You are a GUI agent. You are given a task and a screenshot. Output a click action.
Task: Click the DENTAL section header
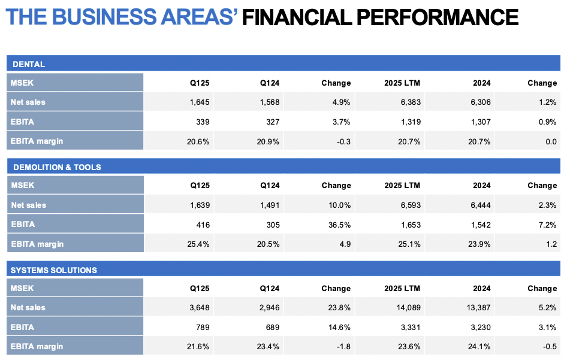click(x=28, y=64)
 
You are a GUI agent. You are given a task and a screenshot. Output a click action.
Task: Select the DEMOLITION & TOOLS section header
click(x=56, y=167)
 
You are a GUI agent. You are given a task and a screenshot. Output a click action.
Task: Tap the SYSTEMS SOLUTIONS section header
click(x=53, y=270)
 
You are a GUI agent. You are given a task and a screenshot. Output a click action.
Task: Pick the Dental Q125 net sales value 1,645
click(x=199, y=102)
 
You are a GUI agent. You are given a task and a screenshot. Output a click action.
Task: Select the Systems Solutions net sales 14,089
click(x=408, y=308)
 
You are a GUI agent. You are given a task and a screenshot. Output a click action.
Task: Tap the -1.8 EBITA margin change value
click(x=343, y=346)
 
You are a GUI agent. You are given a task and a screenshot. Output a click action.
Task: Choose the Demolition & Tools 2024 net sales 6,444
click(x=479, y=205)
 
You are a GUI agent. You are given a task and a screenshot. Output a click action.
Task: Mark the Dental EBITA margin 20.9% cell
click(x=269, y=141)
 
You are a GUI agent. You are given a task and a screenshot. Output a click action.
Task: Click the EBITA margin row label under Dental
click(x=37, y=141)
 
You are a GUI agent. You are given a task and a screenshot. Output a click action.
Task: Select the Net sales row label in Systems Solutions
click(x=28, y=308)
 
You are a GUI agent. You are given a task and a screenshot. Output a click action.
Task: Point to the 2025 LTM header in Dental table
click(x=402, y=83)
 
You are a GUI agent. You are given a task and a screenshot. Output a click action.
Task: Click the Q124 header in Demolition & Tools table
click(x=270, y=186)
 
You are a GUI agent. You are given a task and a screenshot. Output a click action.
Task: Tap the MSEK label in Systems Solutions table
click(x=22, y=289)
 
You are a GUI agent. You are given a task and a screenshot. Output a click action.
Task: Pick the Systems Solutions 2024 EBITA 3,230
click(x=479, y=327)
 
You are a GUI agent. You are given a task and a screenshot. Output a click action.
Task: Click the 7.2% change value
click(x=547, y=225)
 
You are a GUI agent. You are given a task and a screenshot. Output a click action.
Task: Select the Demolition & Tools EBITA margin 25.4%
click(x=198, y=244)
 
